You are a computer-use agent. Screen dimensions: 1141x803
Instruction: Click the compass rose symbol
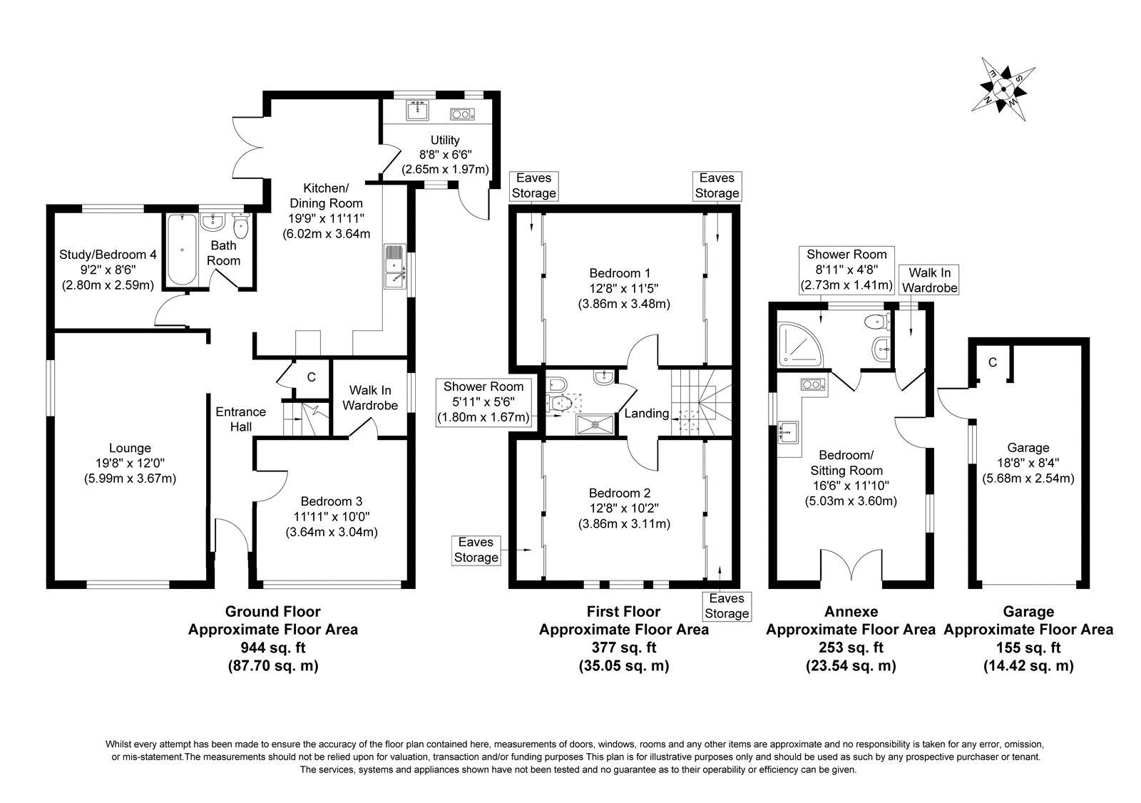tap(1003, 89)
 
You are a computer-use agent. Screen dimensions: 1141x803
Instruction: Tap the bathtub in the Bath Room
tap(182, 250)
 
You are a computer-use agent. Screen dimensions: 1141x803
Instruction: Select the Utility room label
tap(445, 140)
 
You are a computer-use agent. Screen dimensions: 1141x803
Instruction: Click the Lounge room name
tap(130, 448)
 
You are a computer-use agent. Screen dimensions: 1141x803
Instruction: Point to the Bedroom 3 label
tap(331, 501)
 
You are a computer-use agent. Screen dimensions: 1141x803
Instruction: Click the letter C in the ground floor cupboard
tap(311, 377)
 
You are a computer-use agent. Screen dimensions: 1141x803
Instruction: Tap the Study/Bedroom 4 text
tap(108, 255)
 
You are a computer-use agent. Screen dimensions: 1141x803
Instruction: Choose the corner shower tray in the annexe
tap(799, 343)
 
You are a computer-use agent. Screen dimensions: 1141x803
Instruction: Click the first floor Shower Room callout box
tap(483, 402)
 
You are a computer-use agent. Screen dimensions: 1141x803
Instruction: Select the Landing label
tap(646, 413)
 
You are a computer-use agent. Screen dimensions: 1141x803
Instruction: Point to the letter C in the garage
tap(992, 362)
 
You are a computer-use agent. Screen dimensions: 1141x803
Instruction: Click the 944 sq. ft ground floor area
tap(273, 648)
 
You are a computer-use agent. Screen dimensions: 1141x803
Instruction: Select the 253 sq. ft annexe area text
tap(851, 648)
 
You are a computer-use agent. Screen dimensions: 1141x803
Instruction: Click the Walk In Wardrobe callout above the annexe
tap(930, 280)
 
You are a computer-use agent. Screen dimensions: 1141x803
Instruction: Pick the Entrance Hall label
tap(240, 419)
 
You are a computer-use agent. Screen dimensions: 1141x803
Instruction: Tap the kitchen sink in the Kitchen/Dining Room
tap(395, 266)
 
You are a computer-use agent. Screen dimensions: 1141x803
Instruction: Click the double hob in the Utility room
tap(462, 114)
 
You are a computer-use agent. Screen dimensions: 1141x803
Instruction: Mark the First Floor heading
tap(623, 611)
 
